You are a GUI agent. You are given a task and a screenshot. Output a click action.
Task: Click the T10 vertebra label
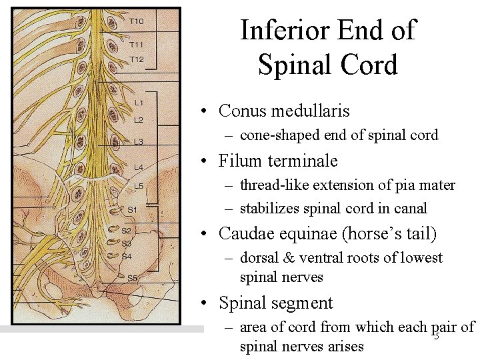tap(136, 21)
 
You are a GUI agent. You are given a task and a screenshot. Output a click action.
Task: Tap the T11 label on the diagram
tap(136, 45)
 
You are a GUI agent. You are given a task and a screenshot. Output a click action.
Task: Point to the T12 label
tap(136, 59)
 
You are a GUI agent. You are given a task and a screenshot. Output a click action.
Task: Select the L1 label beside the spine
tap(138, 102)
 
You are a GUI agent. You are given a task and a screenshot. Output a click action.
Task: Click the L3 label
tap(138, 141)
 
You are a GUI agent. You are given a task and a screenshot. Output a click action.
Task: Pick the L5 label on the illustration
tap(138, 185)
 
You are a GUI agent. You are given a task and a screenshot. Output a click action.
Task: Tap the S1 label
tap(132, 209)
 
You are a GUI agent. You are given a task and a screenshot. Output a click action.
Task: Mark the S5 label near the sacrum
tap(132, 277)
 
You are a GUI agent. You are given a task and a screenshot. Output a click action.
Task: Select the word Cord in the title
tap(367, 65)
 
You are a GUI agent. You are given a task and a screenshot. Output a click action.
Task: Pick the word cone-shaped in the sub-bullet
tap(281, 135)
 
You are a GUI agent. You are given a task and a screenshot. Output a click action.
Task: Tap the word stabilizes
tap(268, 209)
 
